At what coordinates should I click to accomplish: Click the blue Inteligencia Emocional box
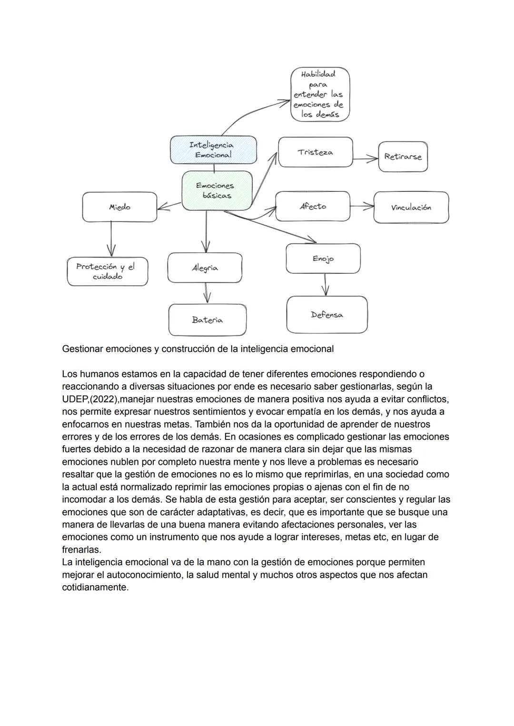click(x=213, y=149)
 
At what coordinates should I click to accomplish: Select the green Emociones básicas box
click(x=217, y=190)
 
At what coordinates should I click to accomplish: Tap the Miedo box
click(x=119, y=207)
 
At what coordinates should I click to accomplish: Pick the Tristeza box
click(x=315, y=152)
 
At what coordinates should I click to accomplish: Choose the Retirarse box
click(x=403, y=157)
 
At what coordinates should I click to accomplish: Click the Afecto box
click(x=313, y=207)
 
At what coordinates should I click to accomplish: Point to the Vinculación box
click(x=411, y=208)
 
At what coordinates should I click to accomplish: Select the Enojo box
click(x=323, y=259)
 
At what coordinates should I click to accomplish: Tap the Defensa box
click(x=327, y=315)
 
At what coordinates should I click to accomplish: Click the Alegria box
click(x=205, y=268)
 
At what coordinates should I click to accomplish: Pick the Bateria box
click(x=207, y=320)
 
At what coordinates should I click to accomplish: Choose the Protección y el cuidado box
click(x=107, y=272)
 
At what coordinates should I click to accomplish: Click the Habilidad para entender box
click(x=320, y=94)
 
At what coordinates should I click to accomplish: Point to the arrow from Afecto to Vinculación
click(x=362, y=206)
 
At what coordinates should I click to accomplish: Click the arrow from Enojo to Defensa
click(x=325, y=285)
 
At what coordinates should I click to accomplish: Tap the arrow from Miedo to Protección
click(x=111, y=239)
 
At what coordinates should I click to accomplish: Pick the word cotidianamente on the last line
click(x=95, y=587)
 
